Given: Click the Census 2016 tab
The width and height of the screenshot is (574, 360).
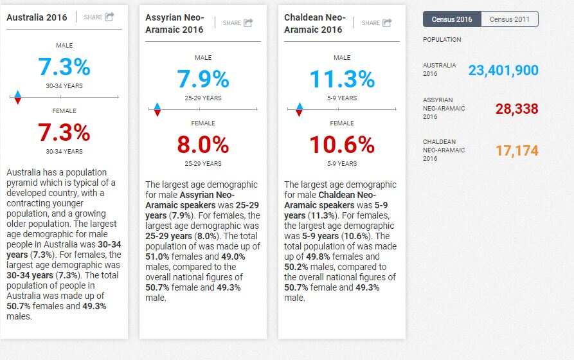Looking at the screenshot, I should coord(452,19).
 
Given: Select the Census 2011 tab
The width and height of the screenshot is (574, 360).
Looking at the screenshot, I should coord(509,19).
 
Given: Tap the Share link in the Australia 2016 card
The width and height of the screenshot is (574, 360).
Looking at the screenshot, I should coord(99,17).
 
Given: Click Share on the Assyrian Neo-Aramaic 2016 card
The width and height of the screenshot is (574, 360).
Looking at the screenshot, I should coord(238,23).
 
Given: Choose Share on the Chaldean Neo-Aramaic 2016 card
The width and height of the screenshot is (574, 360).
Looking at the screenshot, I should coord(377,23).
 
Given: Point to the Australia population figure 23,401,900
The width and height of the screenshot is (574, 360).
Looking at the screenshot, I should coord(503,70).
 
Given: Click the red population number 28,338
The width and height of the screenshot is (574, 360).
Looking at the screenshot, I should coord(517,109).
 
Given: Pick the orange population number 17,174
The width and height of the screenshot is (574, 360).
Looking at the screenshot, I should coord(517,151).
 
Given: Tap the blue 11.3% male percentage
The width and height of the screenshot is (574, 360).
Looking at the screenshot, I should coord(342,79).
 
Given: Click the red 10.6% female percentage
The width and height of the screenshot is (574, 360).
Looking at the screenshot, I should coord(342,145).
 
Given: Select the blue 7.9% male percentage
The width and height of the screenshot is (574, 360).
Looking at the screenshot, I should coord(203,79).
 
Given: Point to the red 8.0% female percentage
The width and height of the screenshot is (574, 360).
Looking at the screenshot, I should coord(203,145).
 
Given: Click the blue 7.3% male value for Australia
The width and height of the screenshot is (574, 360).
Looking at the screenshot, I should coord(64,67).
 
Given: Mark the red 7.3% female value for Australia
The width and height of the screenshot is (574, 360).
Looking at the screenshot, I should coord(64,132).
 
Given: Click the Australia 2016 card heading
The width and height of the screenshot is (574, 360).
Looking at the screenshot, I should coord(37,17).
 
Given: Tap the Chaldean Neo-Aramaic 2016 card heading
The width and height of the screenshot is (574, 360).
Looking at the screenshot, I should coord(315,23).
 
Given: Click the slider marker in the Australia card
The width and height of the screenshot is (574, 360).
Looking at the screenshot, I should coord(18,97).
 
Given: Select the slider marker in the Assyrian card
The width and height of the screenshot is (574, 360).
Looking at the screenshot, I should coord(157,110).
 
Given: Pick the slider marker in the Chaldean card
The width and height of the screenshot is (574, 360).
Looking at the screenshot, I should coord(298,110).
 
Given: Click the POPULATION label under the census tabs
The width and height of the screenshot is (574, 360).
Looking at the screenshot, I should coord(442,40).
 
